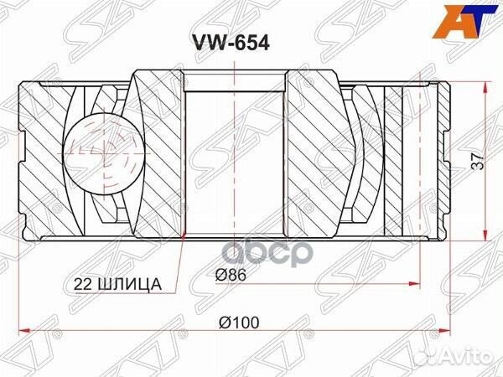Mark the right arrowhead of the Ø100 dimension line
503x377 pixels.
pos(452,328)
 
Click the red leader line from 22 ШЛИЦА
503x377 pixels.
pos(172,260)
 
